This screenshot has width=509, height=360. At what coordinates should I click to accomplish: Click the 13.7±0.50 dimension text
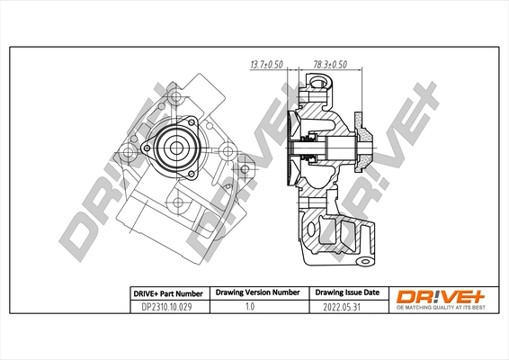click(x=265, y=65)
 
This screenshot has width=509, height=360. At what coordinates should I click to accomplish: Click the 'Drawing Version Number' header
click(x=256, y=293)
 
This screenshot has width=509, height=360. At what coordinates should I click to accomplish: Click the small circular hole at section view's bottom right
click(x=363, y=262)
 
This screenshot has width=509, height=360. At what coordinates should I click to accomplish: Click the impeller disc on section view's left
click(x=294, y=149)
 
